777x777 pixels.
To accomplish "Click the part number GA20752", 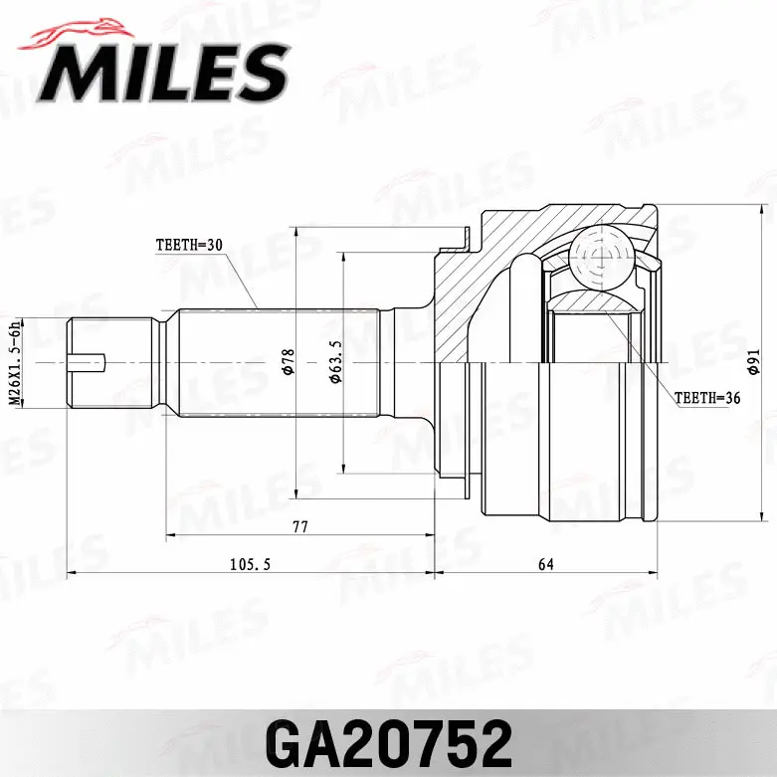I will click(x=388, y=741).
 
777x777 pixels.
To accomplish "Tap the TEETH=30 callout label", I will click(x=189, y=244).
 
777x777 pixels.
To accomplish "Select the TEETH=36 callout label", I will click(x=709, y=397).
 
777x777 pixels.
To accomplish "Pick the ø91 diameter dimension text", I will click(x=755, y=364).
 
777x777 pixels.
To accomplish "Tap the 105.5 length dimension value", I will click(x=251, y=565).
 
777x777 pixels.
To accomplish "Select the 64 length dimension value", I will click(x=545, y=565).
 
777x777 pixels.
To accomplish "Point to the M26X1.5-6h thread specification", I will click(x=15, y=362).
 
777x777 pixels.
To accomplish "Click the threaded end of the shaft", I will click(x=109, y=362).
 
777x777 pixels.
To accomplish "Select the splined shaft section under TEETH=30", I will click(x=279, y=362).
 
